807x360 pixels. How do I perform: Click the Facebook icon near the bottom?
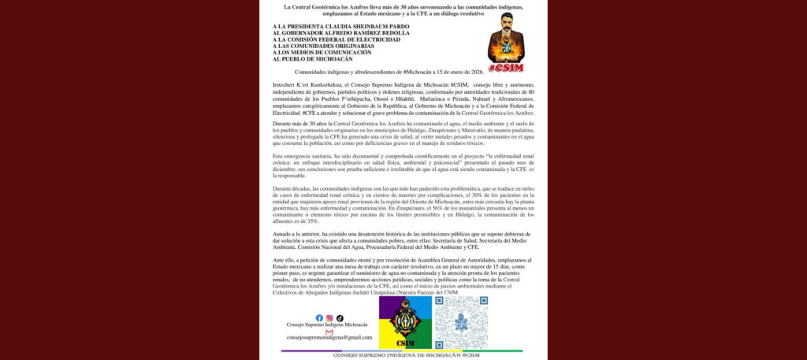point(319,318)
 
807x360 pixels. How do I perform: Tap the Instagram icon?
point(329,318)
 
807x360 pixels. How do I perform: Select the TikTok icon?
point(340,318)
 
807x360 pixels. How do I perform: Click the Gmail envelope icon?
point(329,332)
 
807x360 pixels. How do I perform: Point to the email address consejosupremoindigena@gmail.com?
point(329,339)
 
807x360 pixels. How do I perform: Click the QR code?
point(461,322)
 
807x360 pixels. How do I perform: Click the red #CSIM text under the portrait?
point(505,69)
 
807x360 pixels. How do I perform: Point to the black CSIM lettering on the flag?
point(405,343)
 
